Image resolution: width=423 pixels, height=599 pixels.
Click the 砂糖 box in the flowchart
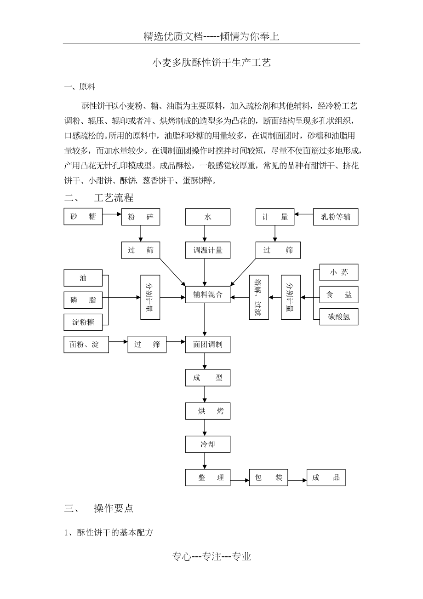83,217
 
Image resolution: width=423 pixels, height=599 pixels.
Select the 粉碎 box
141,217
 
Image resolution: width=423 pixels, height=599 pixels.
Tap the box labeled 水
207,217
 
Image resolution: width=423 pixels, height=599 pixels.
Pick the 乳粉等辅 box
335,217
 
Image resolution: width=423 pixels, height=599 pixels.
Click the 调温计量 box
207,250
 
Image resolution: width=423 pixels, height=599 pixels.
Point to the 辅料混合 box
207,294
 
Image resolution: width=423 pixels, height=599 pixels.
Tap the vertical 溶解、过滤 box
259,297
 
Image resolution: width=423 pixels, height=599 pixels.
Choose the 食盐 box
338,294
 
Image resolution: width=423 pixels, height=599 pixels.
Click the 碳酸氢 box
338,317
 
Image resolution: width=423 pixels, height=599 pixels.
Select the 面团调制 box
207,344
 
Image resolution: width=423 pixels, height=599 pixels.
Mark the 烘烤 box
207,411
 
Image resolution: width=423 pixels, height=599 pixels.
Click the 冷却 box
207,444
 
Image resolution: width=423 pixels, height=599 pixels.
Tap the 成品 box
326,478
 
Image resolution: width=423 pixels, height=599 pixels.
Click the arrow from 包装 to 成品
297,480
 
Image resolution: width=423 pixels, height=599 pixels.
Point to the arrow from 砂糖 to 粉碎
112,214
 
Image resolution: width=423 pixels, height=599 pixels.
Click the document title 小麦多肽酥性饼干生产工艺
211,63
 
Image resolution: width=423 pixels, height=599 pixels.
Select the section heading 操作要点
114,508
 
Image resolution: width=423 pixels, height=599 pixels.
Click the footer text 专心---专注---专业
211,557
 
